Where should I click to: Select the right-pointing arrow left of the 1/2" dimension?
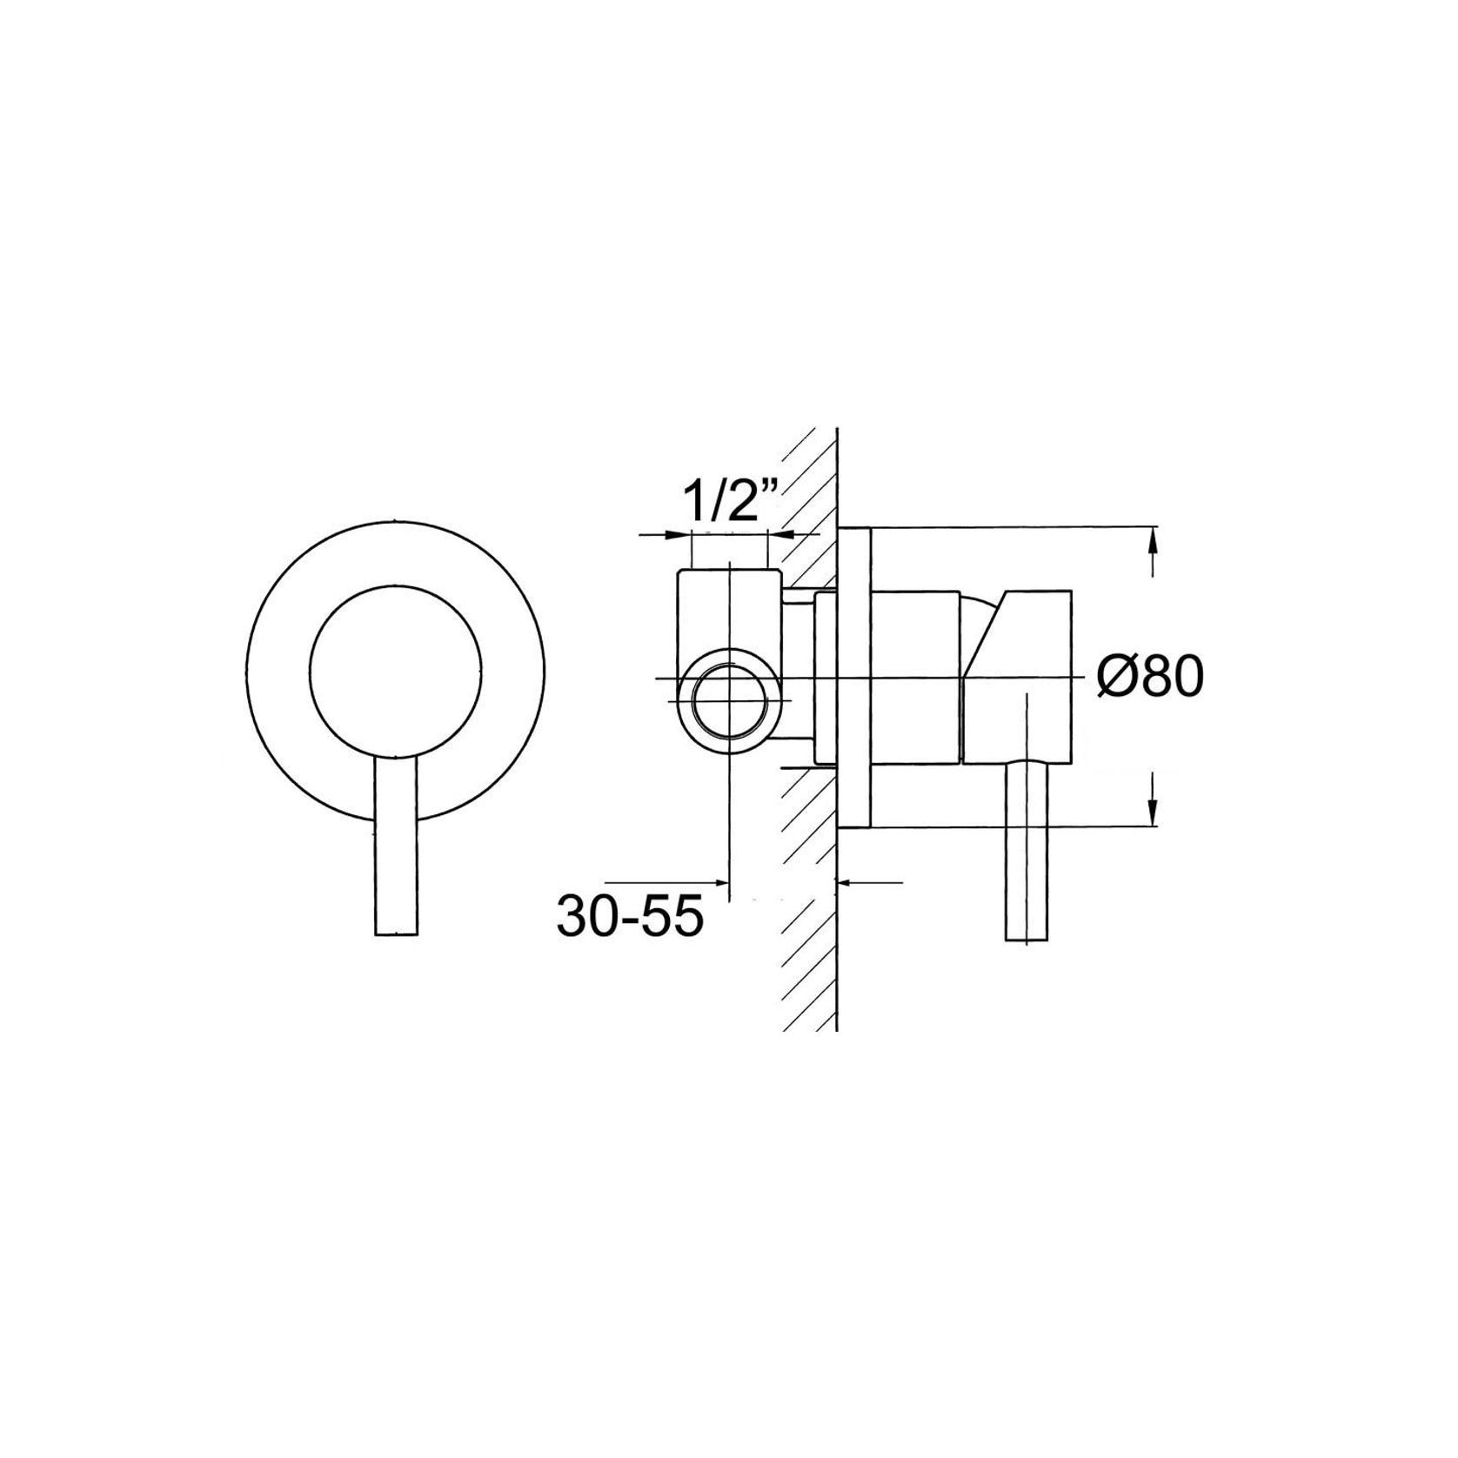(677, 535)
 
